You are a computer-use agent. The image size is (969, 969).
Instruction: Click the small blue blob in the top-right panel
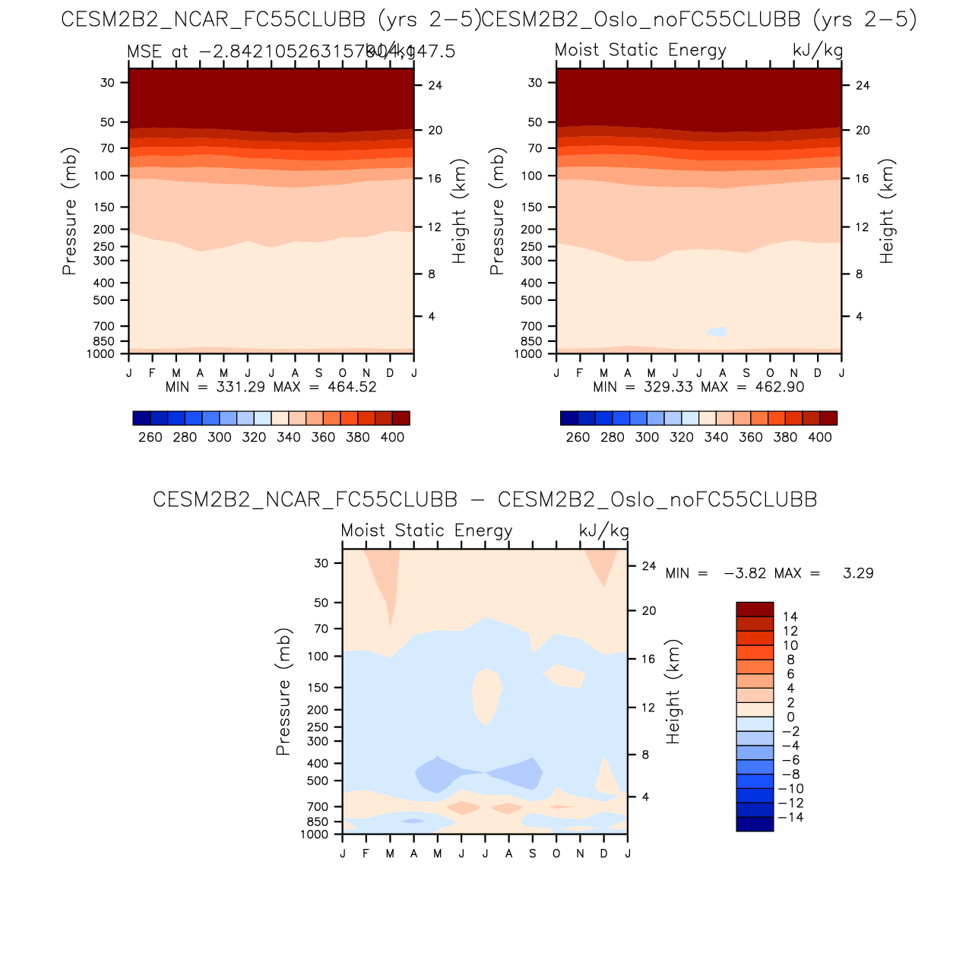(x=717, y=331)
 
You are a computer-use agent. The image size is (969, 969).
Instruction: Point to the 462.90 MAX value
(x=780, y=387)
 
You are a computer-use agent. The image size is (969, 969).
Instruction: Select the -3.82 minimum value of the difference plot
(x=745, y=573)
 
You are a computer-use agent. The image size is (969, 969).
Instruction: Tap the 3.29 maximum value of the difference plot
(x=858, y=573)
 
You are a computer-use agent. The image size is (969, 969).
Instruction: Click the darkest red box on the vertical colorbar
(x=754, y=610)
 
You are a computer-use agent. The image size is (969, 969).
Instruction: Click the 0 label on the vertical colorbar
(x=790, y=717)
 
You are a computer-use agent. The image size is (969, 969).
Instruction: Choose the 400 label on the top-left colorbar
(x=392, y=437)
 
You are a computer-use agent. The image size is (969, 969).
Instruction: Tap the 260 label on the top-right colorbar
(x=578, y=437)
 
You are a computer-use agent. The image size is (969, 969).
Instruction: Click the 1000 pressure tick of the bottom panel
(x=315, y=834)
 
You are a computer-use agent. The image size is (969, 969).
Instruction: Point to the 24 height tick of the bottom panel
(x=648, y=566)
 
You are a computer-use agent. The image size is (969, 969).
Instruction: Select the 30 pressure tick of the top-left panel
(x=108, y=83)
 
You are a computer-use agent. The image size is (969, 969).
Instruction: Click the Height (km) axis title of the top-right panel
(x=887, y=211)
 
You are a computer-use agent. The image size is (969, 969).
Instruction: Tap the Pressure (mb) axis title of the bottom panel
(x=283, y=692)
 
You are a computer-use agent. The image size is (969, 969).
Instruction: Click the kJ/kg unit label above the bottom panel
(x=604, y=530)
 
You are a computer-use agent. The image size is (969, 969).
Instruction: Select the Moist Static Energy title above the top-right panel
(x=641, y=50)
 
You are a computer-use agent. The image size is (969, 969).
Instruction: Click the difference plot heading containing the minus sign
(x=485, y=499)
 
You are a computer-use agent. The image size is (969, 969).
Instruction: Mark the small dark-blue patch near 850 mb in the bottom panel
(x=413, y=821)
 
